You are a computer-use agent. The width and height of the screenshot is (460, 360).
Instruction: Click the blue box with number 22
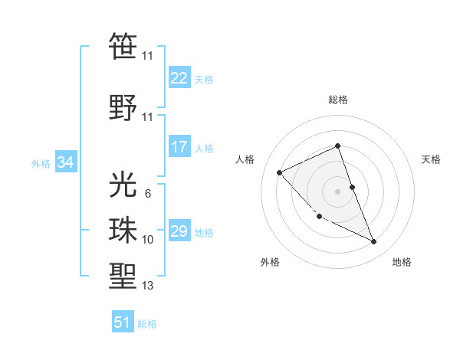click(179, 77)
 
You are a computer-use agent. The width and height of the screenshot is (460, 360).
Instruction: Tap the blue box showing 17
click(179, 147)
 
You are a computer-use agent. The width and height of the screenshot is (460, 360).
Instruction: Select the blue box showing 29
click(179, 231)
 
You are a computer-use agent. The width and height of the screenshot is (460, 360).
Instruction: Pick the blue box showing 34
click(65, 162)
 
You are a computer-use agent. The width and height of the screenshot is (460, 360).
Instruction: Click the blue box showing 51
click(123, 322)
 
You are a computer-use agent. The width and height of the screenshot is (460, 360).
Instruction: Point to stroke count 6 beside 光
click(147, 194)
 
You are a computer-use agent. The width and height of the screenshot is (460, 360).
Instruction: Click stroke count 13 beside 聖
click(147, 286)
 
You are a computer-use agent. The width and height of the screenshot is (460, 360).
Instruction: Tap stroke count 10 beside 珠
click(147, 240)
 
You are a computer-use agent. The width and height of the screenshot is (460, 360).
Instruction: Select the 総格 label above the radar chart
click(338, 100)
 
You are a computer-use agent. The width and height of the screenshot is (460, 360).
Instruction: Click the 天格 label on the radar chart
click(432, 159)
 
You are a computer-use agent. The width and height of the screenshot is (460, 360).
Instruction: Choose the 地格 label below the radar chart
click(402, 262)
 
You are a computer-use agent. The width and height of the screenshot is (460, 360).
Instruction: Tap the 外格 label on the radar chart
click(270, 262)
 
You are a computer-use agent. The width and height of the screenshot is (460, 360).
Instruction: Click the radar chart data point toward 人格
click(280, 172)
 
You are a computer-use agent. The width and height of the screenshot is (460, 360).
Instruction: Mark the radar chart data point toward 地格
click(374, 242)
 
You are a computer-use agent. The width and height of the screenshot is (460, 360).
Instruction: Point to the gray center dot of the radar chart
click(338, 191)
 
